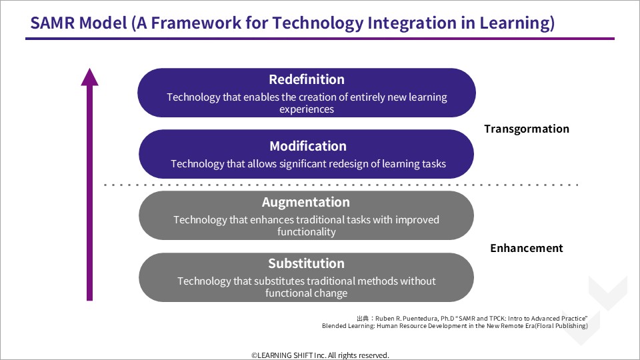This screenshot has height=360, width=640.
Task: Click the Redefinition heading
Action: tap(307, 79)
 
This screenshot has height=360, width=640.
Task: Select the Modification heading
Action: tap(308, 146)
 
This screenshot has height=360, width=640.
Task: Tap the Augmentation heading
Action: tap(306, 202)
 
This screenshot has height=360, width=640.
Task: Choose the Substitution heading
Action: tap(306, 263)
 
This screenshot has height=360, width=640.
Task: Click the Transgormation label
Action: tap(527, 129)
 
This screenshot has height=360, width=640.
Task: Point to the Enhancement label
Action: tap(527, 248)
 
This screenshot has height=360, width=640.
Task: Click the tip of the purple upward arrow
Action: tap(89, 69)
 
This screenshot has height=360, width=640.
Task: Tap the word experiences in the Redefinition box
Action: tap(307, 109)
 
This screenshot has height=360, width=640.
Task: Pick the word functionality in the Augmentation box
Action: tap(307, 232)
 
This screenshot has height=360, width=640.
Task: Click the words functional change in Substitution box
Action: tap(306, 293)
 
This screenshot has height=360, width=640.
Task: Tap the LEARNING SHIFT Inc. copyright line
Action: tap(320, 355)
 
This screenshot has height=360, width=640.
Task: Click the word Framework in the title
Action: tap(196, 23)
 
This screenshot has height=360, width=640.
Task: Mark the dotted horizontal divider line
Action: tap(341, 185)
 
